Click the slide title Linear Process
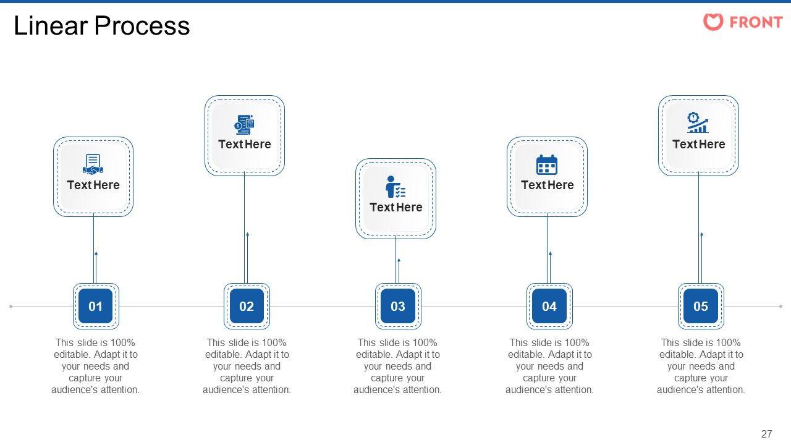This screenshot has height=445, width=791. pyautogui.click(x=102, y=26)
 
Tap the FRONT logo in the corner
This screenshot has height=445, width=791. pyautogui.click(x=743, y=22)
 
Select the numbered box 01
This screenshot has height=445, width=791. pyautogui.click(x=96, y=306)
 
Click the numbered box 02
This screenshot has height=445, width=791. pyautogui.click(x=247, y=306)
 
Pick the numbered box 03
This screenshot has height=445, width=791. pyautogui.click(x=398, y=306)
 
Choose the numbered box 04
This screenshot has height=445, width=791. pyautogui.click(x=549, y=306)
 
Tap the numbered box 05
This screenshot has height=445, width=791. pyautogui.click(x=701, y=306)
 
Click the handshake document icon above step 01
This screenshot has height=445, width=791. pyautogui.click(x=93, y=164)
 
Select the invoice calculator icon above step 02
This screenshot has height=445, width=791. pyautogui.click(x=245, y=124)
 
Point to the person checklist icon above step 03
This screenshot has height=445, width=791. pyautogui.click(x=395, y=187)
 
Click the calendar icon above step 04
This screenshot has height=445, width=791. pyautogui.click(x=547, y=165)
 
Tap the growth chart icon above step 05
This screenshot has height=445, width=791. pyautogui.click(x=698, y=122)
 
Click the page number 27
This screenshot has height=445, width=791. pyautogui.click(x=766, y=434)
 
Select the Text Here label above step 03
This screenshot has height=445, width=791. pyautogui.click(x=396, y=207)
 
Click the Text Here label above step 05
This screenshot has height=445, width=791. pyautogui.click(x=699, y=144)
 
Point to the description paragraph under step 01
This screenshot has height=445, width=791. pyautogui.click(x=96, y=366)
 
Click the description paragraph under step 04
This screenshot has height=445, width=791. pyautogui.click(x=549, y=366)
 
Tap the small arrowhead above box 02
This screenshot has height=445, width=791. pyautogui.click(x=248, y=234)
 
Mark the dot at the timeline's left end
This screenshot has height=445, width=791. pyautogui.click(x=11, y=306)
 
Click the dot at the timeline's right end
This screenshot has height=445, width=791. pyautogui.click(x=780, y=306)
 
